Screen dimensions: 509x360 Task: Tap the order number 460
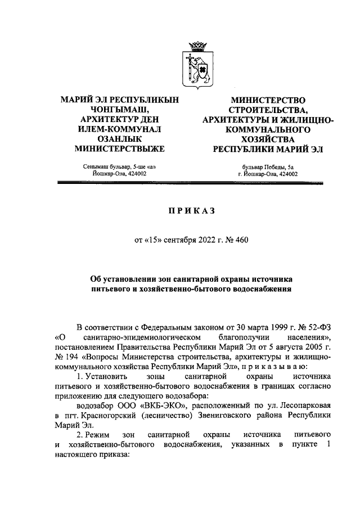click(x=240, y=240)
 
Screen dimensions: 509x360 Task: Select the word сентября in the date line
click(x=178, y=240)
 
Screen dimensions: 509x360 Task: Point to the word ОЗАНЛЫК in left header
click(x=119, y=139)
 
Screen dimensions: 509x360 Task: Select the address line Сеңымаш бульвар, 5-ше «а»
click(x=119, y=166)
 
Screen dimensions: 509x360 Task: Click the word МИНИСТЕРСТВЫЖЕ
click(x=119, y=149)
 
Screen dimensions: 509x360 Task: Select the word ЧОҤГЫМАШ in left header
click(x=119, y=109)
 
